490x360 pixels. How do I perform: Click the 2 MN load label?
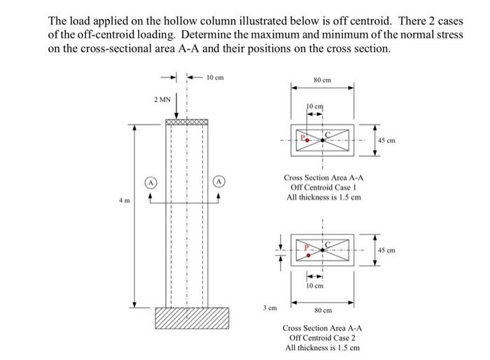(162, 99)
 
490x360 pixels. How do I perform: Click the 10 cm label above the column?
(215, 77)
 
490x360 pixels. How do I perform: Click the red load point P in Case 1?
(307, 140)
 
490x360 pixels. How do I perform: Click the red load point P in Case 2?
(307, 256)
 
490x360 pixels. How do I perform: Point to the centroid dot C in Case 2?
(322, 249)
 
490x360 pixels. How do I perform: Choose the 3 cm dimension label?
(269, 307)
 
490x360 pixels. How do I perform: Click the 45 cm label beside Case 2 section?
(387, 250)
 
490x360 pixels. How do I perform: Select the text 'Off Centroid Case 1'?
(322, 188)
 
